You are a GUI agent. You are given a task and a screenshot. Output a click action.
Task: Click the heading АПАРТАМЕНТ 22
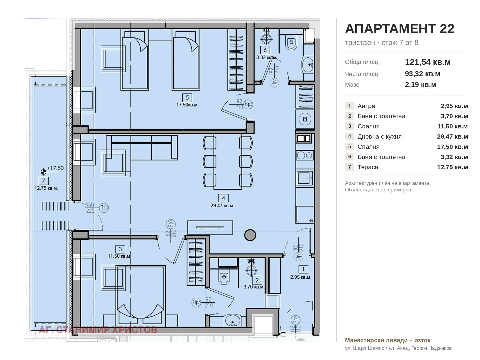click(400, 28)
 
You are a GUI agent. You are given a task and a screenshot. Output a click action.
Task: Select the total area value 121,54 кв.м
click(427, 62)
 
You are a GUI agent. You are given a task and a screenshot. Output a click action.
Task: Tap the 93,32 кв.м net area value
click(422, 74)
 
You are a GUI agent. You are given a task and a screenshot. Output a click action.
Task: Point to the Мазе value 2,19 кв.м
click(420, 84)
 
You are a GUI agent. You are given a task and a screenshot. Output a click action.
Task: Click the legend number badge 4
click(349, 136)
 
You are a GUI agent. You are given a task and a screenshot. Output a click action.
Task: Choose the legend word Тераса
click(367, 167)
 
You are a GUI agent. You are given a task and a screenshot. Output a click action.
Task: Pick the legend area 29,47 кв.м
click(452, 136)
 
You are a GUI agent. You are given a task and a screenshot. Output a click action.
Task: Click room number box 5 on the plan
click(187, 97)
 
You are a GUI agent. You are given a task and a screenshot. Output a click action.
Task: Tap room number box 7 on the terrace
click(43, 181)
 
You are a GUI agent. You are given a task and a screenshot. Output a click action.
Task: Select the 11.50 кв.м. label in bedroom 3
click(119, 256)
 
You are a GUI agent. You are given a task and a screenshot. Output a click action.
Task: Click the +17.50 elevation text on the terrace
click(55, 168)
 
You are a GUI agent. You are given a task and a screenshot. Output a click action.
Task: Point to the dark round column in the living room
click(250, 235)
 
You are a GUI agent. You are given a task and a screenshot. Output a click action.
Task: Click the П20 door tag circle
click(104, 208)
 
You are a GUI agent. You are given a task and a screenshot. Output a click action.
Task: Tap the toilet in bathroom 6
click(291, 42)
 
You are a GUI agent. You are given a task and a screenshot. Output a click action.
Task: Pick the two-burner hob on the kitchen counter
click(305, 155)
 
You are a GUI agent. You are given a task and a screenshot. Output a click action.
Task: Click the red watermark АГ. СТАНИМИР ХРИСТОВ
click(98, 330)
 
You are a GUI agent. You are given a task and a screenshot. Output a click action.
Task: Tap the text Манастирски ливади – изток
click(388, 340)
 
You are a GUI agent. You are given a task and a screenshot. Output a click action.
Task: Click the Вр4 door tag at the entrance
click(295, 320)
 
